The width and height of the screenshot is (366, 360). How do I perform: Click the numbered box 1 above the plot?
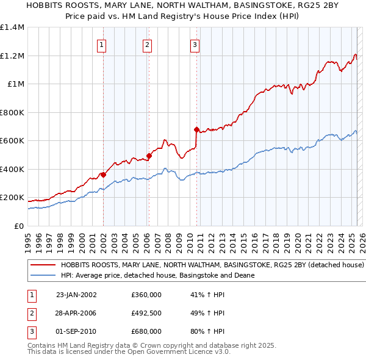pos(101,44)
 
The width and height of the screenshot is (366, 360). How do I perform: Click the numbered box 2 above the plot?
pos(148,44)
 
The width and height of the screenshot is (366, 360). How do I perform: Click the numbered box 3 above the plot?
pos(194,44)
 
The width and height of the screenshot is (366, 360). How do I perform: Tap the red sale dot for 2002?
pos(103,175)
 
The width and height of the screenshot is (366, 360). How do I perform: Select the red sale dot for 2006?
pos(149,156)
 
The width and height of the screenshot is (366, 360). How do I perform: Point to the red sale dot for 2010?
pos(196,129)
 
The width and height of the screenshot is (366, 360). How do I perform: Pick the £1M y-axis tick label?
pos(16,84)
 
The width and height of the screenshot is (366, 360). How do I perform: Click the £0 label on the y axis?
pos(20,226)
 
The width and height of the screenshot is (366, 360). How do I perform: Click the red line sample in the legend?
pos(43,266)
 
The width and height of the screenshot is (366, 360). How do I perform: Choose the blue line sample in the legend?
pos(43,276)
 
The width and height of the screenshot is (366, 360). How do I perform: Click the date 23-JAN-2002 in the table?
pos(76,295)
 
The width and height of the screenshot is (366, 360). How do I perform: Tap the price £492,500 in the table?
pos(146,313)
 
